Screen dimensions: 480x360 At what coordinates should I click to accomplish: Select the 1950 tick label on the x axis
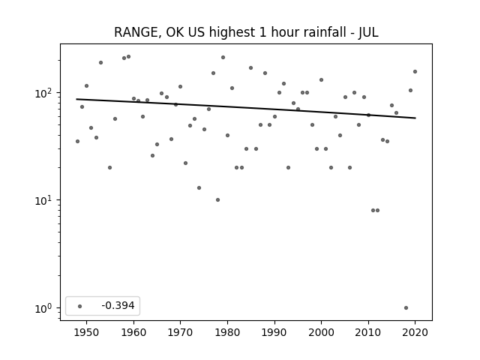click(87, 332)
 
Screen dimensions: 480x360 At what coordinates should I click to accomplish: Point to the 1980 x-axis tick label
click(227, 332)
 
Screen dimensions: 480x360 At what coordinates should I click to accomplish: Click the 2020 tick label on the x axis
click(415, 332)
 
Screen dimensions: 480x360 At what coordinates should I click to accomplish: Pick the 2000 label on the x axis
click(321, 332)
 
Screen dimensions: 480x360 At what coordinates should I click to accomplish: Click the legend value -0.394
click(118, 305)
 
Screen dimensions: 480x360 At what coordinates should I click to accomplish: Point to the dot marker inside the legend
click(80, 306)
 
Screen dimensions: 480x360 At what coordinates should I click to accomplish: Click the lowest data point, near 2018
click(406, 308)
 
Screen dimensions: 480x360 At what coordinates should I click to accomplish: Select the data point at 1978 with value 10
click(217, 200)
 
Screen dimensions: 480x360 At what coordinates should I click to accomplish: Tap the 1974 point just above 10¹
click(199, 188)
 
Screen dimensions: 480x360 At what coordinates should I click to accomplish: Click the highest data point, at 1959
click(128, 57)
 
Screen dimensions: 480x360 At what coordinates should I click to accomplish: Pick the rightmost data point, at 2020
click(415, 72)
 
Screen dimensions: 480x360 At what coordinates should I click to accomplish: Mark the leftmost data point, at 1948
click(77, 142)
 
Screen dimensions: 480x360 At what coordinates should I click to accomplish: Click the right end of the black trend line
click(415, 118)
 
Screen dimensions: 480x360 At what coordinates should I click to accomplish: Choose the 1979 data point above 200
click(223, 58)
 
